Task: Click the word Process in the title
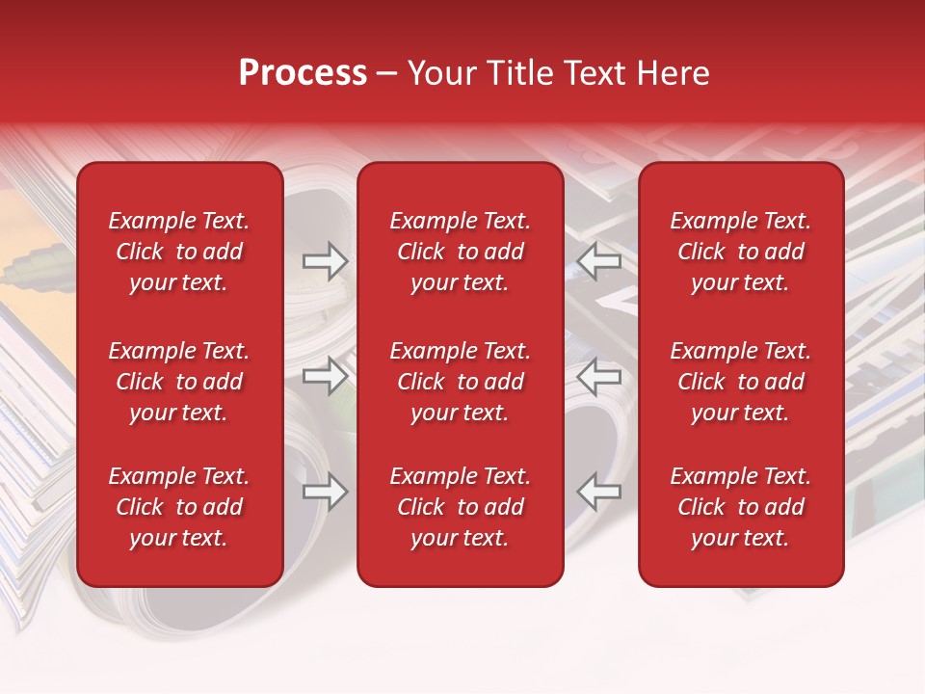(x=303, y=73)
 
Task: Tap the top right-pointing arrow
(x=325, y=260)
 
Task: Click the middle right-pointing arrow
(x=325, y=376)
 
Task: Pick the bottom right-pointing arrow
(x=325, y=492)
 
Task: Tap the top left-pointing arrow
(x=599, y=260)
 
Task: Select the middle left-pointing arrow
(x=599, y=376)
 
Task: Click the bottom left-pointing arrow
(x=599, y=492)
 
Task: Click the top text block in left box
(x=179, y=252)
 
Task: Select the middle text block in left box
(x=179, y=382)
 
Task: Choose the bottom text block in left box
(x=179, y=507)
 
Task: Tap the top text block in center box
(x=460, y=252)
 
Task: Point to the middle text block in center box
(x=460, y=382)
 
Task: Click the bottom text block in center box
(x=460, y=507)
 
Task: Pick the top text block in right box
(x=740, y=252)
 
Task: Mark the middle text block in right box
(x=740, y=382)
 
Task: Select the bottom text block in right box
(x=740, y=507)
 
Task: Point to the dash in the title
(x=387, y=74)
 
